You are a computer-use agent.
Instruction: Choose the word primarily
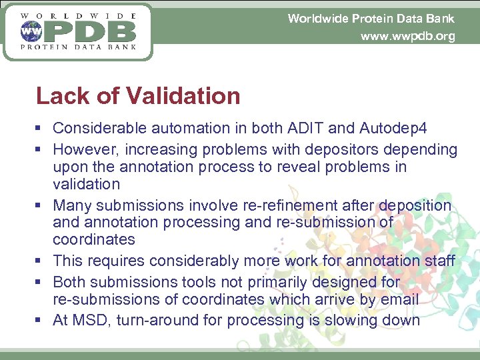(281, 282)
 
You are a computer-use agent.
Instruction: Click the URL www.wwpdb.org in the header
(407, 36)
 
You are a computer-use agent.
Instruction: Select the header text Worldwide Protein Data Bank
(371, 18)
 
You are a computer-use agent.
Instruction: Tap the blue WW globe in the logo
(29, 31)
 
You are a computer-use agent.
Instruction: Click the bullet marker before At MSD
(41, 320)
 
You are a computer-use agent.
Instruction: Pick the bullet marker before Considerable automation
(41, 128)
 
